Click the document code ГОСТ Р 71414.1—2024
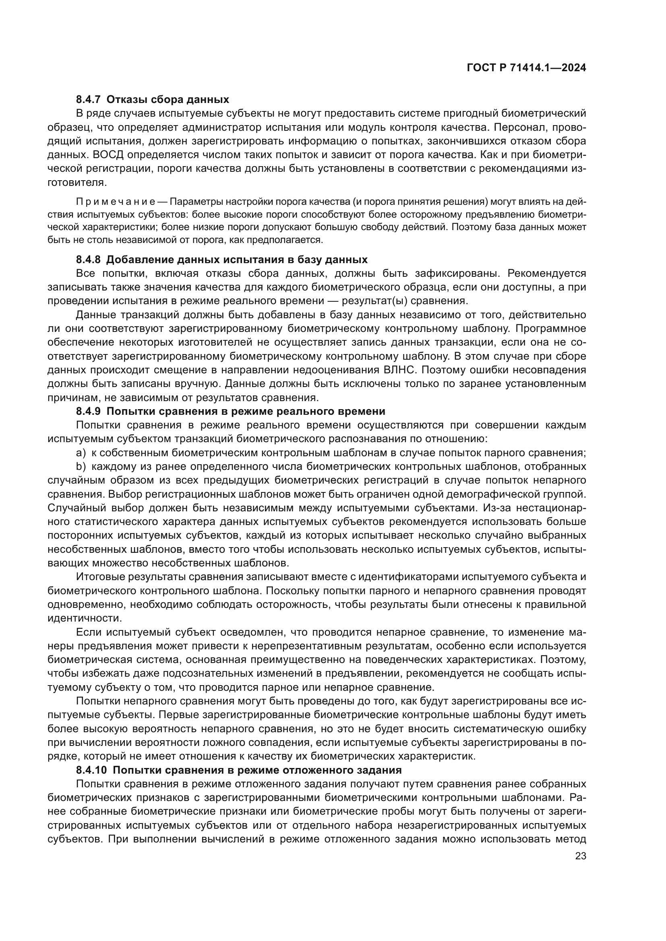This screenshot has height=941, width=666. point(526,68)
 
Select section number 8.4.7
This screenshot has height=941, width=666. point(88,100)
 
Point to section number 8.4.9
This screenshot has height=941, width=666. point(88,411)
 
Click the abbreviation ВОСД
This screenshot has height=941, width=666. point(111,155)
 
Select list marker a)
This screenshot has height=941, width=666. point(81,453)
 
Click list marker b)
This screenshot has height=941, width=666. point(81,466)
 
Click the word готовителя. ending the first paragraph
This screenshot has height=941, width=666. point(77,182)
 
